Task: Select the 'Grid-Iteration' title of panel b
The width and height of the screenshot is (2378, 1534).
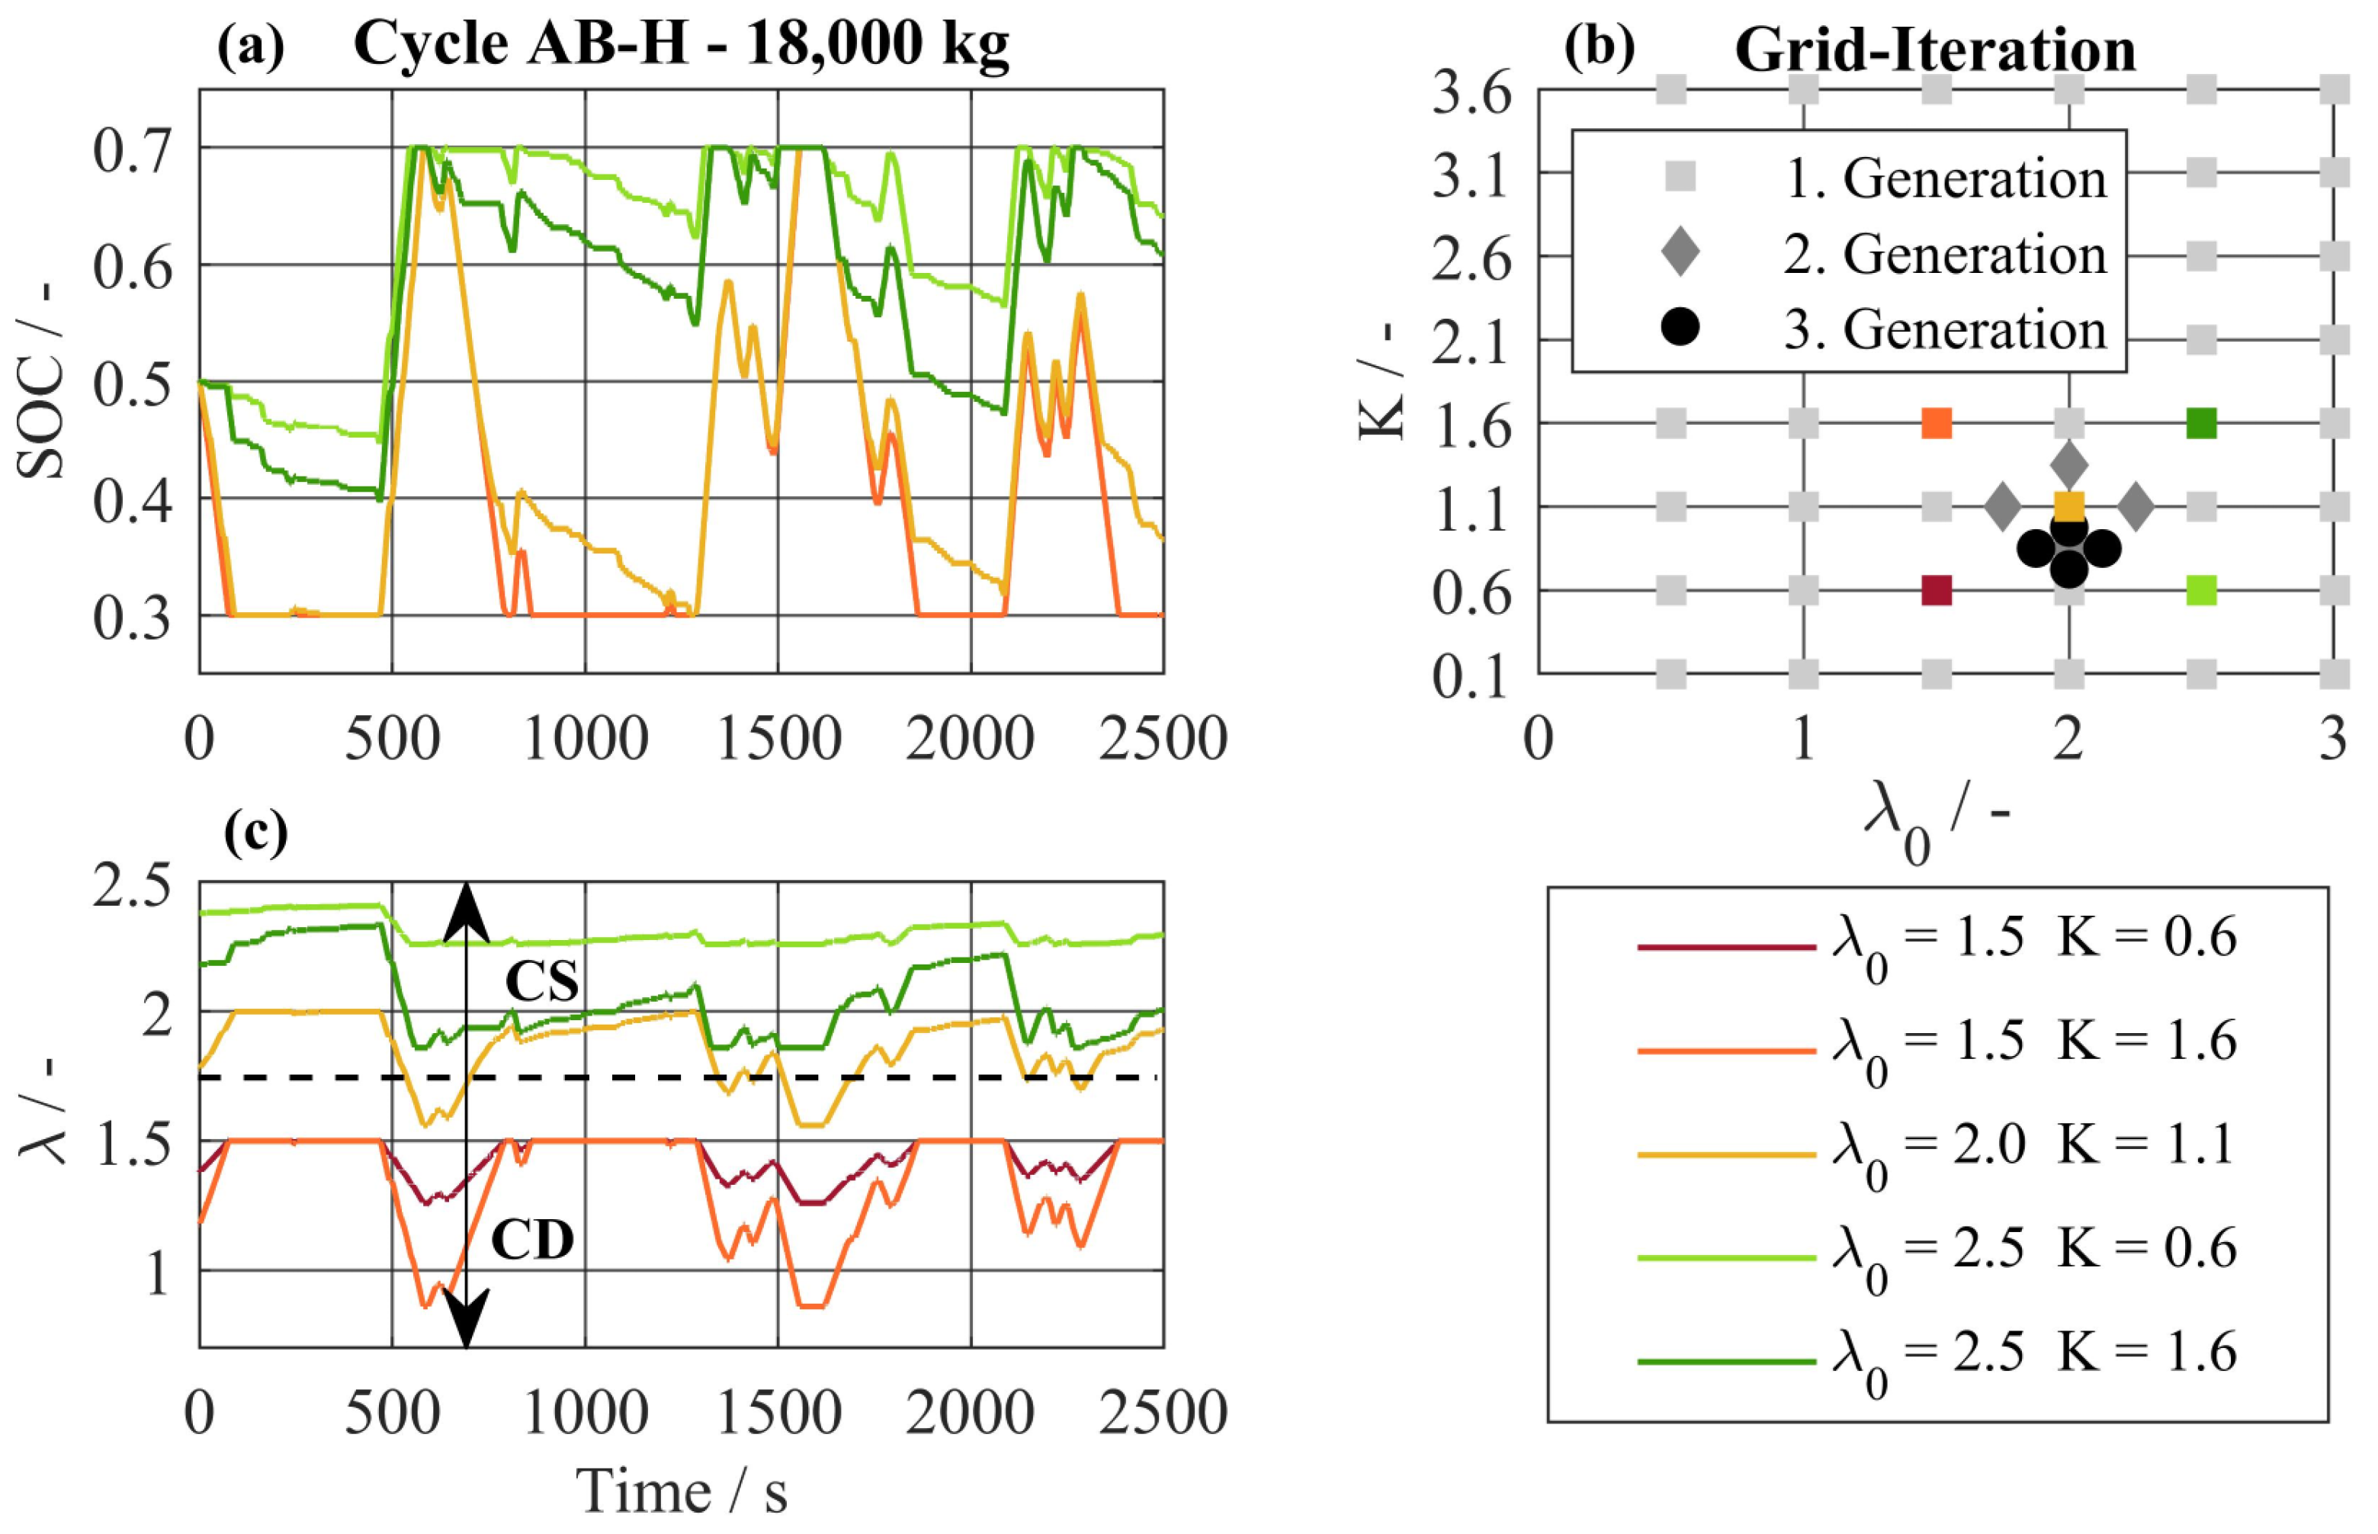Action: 1935,50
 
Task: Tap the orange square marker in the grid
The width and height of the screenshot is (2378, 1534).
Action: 1936,423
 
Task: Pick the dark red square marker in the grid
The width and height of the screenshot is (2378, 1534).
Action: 1936,591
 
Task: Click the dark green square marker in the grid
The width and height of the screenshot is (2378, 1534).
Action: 2202,423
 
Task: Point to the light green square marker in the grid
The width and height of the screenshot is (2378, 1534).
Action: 2202,591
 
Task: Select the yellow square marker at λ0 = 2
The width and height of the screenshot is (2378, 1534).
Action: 2069,507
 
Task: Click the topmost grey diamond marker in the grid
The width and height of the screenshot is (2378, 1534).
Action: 2069,464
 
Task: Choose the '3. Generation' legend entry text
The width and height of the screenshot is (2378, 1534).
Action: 1944,329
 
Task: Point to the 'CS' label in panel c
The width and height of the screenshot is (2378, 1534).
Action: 542,982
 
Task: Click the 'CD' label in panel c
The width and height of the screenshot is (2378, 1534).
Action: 533,1240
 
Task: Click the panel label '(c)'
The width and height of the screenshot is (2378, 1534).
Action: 256,833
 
